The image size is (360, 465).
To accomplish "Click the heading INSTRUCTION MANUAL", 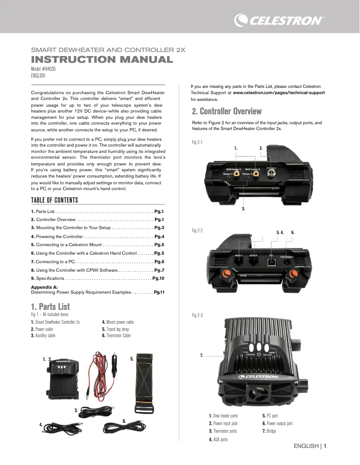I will click(x=101, y=60).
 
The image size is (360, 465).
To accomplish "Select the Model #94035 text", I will click(x=43, y=70).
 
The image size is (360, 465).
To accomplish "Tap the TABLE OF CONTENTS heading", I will click(x=54, y=200).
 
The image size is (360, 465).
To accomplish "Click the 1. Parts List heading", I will click(x=50, y=307).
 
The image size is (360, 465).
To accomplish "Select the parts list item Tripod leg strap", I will click(x=118, y=329).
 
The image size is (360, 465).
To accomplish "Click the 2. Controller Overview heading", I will click(x=226, y=111).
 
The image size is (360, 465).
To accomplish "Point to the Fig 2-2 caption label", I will click(x=197, y=230).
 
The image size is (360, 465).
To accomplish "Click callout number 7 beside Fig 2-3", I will click(x=202, y=355).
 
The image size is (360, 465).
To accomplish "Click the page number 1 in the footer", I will click(x=325, y=446).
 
